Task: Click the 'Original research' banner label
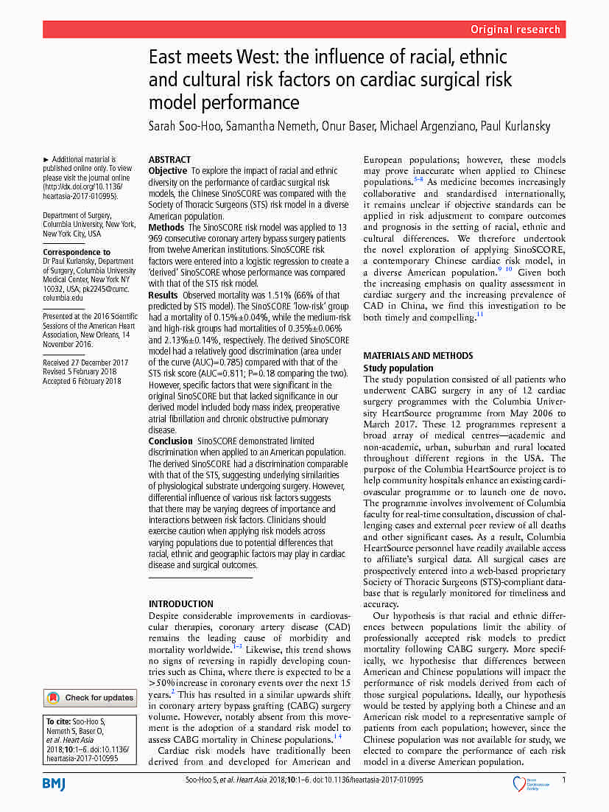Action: click(x=515, y=29)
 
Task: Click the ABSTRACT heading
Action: click(x=169, y=160)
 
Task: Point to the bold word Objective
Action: click(x=168, y=171)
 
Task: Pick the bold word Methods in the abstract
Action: click(x=167, y=228)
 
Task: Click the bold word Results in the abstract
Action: click(x=163, y=295)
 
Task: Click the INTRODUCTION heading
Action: click(x=181, y=604)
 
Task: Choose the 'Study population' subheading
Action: click(x=398, y=368)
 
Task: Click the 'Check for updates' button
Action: click(x=91, y=698)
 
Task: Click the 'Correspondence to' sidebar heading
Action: click(x=77, y=252)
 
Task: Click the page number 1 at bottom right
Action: click(x=563, y=780)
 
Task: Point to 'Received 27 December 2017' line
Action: click(x=85, y=363)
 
